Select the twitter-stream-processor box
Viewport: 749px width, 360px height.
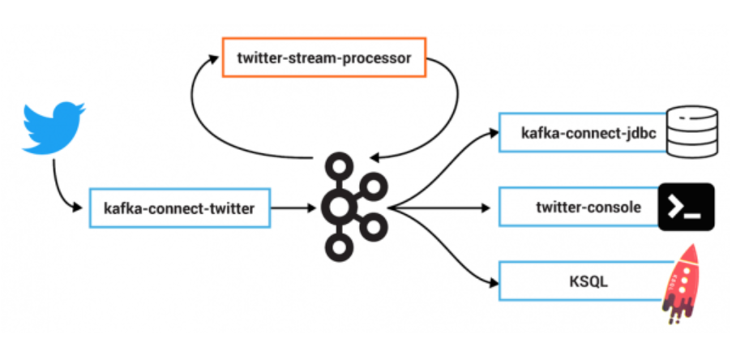(324, 57)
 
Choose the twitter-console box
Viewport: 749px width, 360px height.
(578, 208)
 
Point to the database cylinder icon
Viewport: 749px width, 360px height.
(691, 131)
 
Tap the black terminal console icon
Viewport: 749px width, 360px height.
(686, 207)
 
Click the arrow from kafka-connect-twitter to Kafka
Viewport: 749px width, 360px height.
(293, 208)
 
